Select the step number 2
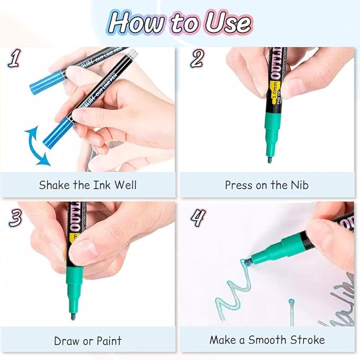tap(197, 59)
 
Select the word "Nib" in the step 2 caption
tap(298, 185)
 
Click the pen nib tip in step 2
tap(269, 159)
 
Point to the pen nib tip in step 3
tap(73, 317)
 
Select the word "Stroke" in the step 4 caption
tap(306, 340)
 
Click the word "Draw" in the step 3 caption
tap(66, 340)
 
